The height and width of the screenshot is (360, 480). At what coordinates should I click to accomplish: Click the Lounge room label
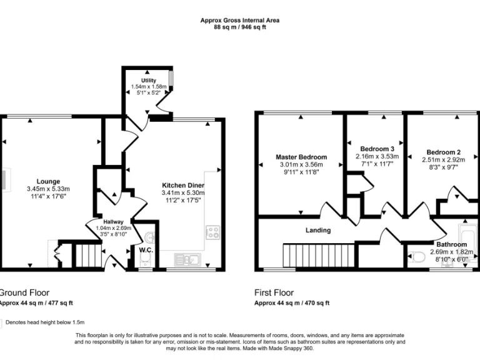pos(48,181)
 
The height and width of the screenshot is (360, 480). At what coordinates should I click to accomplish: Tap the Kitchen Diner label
pos(183,186)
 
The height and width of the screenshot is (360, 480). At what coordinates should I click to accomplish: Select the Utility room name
pos(148,81)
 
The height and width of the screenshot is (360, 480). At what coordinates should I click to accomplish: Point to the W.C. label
pos(146,251)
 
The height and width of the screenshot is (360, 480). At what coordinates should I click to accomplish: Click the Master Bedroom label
pos(301,157)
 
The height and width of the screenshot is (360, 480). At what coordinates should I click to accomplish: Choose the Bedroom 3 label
pos(376,149)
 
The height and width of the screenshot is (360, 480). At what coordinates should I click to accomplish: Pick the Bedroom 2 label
pos(443,152)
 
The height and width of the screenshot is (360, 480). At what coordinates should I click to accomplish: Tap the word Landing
pos(317,230)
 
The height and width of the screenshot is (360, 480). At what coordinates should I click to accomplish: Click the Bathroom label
pos(451,244)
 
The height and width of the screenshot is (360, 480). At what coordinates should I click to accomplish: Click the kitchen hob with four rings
pos(212,232)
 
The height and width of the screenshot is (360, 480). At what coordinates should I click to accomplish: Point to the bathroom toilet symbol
pos(420,255)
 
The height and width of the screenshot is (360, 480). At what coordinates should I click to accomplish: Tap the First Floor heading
pos(274,292)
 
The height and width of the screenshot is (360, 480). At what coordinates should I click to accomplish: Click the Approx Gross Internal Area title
pos(239,20)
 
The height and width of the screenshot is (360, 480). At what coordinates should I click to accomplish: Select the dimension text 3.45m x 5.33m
pos(48,189)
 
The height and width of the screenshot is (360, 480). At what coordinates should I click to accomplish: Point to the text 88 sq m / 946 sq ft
pos(239,27)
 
